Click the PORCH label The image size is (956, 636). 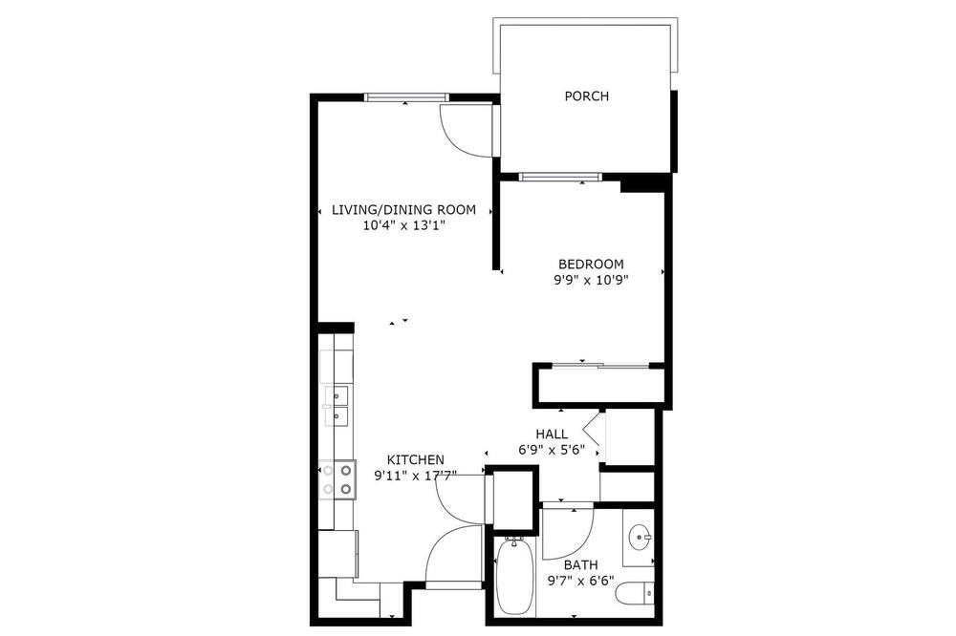click(587, 96)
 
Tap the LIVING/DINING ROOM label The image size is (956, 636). click(403, 210)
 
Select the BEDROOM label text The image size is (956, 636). click(591, 265)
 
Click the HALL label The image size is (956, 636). click(552, 435)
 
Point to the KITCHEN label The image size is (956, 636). click(416, 460)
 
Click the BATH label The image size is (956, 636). click(580, 565)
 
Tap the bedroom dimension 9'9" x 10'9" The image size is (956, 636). click(591, 280)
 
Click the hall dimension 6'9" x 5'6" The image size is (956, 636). click(552, 450)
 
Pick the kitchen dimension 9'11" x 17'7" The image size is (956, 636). click(416, 476)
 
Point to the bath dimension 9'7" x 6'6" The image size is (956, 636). click(580, 582)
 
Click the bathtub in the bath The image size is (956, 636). click(516, 577)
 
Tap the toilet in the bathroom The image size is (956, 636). click(634, 594)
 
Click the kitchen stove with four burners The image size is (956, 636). click(337, 479)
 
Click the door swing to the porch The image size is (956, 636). click(469, 131)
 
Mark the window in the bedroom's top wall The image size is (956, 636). click(560, 178)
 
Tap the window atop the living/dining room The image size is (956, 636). click(406, 96)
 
